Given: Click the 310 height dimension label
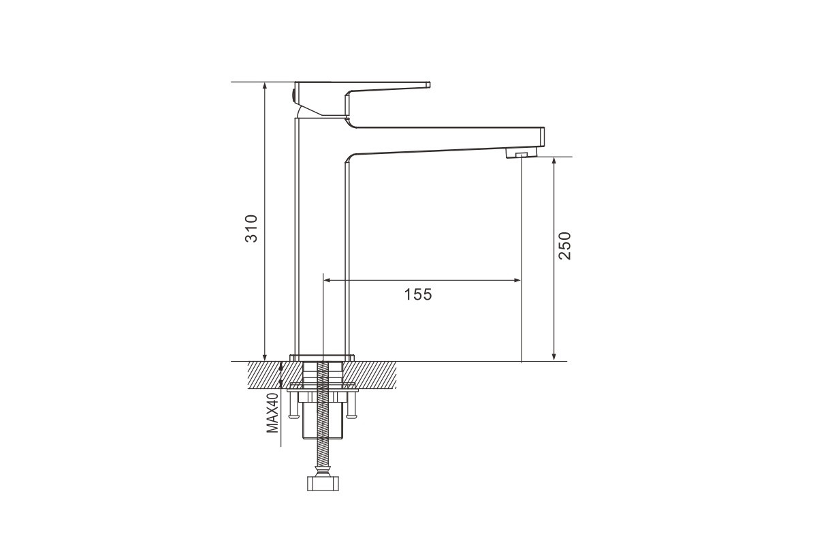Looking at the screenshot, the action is click(251, 228).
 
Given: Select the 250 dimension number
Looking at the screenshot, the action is click(564, 246).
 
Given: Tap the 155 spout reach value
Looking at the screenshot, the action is click(418, 294).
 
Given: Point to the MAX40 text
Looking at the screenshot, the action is click(272, 413).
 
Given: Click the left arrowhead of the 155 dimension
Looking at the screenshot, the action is click(327, 281).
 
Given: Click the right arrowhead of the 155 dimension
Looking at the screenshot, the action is click(517, 281).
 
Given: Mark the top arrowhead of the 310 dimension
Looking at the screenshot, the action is click(265, 85).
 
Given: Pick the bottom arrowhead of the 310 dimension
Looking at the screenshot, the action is click(265, 358).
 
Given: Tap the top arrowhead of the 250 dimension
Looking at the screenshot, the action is click(554, 161).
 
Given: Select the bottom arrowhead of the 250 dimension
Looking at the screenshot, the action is click(554, 358).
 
